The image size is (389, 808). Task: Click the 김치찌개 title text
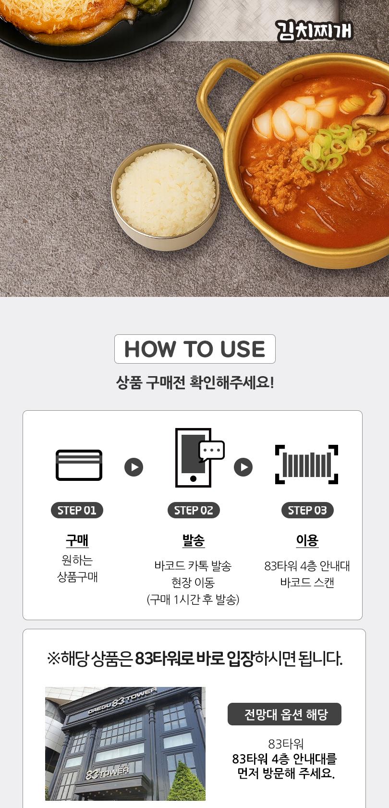[x=315, y=31]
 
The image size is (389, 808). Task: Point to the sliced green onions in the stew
[x=331, y=144]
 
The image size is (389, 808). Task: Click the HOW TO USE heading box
[x=194, y=349]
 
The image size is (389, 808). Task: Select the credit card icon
[x=79, y=465]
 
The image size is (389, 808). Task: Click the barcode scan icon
[x=306, y=465]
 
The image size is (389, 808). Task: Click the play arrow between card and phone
[x=134, y=467]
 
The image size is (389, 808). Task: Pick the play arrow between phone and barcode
[x=243, y=467]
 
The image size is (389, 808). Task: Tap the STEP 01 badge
[x=77, y=510]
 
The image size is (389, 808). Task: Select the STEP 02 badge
[x=194, y=510]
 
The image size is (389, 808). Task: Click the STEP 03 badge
[x=307, y=510]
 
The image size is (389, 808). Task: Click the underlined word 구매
[x=77, y=540]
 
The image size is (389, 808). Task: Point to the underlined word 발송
[x=194, y=540]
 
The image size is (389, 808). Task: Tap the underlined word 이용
[x=307, y=540]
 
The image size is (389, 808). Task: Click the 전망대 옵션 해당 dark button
[x=284, y=714]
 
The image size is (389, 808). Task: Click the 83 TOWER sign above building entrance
[x=108, y=772]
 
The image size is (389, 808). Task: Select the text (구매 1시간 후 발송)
[x=193, y=600]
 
